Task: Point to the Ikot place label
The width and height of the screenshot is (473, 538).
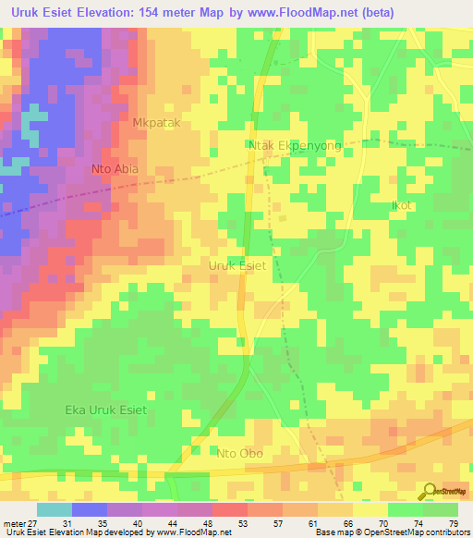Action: pyautogui.click(x=401, y=205)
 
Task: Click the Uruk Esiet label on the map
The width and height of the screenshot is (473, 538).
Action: pyautogui.click(x=237, y=265)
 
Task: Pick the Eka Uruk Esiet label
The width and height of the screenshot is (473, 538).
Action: pyautogui.click(x=105, y=410)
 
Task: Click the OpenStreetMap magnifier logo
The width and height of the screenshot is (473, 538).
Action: pyautogui.click(x=430, y=492)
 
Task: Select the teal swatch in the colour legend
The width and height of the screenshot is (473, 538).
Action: pyautogui.click(x=55, y=509)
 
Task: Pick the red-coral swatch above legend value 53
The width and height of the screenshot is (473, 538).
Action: pyautogui.click(x=229, y=509)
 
